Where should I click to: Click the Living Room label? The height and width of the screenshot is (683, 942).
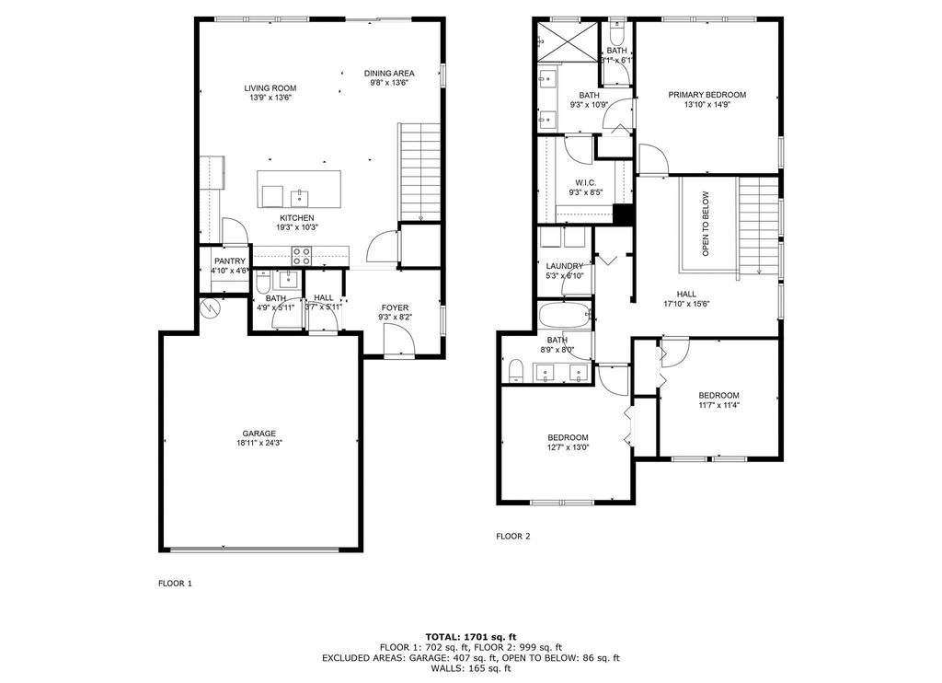coord(270,88)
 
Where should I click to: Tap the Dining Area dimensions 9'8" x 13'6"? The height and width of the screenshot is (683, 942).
coord(388,83)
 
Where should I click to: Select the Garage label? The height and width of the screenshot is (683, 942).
coord(258,434)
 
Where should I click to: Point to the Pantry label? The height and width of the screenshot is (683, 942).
coord(230,260)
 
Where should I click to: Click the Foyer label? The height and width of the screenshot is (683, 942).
coord(396,307)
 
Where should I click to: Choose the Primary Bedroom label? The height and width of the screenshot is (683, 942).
coord(706,94)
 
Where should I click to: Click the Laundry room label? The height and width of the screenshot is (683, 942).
coord(565,266)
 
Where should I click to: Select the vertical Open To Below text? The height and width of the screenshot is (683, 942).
coord(706,223)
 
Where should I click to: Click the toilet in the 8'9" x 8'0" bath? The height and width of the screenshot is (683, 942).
coord(515,371)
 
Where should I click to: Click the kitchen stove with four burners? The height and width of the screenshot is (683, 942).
coord(303,255)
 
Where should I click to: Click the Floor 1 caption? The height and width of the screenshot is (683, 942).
coord(176,584)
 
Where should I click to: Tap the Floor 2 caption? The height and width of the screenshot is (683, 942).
coord(513,536)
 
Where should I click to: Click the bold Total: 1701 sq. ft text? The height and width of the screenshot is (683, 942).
coord(471,636)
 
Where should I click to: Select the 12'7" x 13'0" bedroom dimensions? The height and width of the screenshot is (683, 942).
coord(568,447)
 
